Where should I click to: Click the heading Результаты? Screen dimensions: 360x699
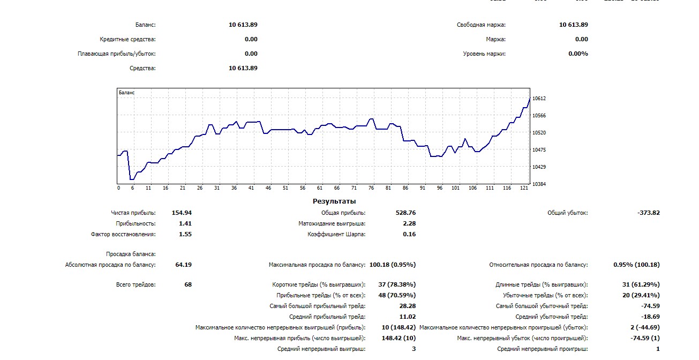pos(334,201)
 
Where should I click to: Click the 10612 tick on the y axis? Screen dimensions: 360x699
pos(539,99)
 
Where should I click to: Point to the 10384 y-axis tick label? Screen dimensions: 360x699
pos(539,184)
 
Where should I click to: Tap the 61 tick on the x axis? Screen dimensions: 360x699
pos(320,188)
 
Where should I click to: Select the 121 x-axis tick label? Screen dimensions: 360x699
pos(524,188)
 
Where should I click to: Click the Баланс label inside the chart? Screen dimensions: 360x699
pos(127,93)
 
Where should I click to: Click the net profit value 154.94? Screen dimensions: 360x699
pos(182,213)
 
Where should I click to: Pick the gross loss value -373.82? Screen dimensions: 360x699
pos(649,213)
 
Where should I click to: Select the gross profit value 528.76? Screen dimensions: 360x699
pos(405,213)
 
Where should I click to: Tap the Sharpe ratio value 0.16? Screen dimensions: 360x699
pos(409,234)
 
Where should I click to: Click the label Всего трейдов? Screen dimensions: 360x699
pos(136,284)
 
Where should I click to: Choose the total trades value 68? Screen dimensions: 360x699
pos(188,284)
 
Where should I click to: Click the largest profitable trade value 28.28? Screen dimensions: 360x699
pos(407,306)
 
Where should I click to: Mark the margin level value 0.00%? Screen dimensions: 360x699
pos(578,54)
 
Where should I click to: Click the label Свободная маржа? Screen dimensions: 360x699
pos(481,25)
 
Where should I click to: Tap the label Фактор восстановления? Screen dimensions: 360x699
pos(123,234)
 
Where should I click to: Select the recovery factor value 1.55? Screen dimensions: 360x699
pos(185,234)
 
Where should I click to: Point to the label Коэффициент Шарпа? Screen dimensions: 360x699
pos(336,234)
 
